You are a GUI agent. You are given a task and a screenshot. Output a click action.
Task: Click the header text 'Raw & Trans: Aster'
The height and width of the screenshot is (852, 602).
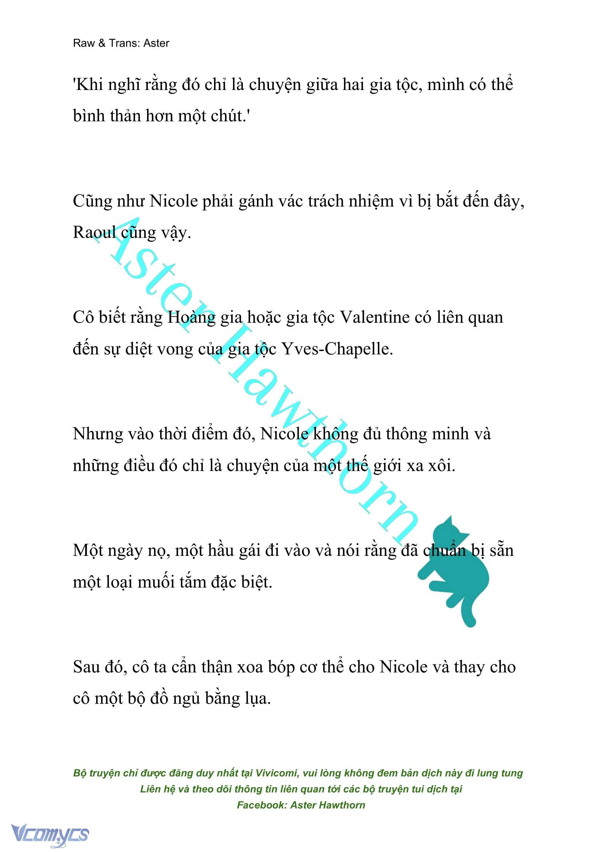[x=121, y=43]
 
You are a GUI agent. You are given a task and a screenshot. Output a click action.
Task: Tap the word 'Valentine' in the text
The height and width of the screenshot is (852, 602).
[x=374, y=318]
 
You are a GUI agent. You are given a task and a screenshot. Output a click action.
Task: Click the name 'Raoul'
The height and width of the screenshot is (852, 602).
[x=94, y=233]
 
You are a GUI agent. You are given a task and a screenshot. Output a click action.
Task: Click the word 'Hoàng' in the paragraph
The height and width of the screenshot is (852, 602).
[x=191, y=318]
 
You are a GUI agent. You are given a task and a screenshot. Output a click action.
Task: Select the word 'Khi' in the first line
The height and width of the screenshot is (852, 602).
[x=87, y=85]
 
